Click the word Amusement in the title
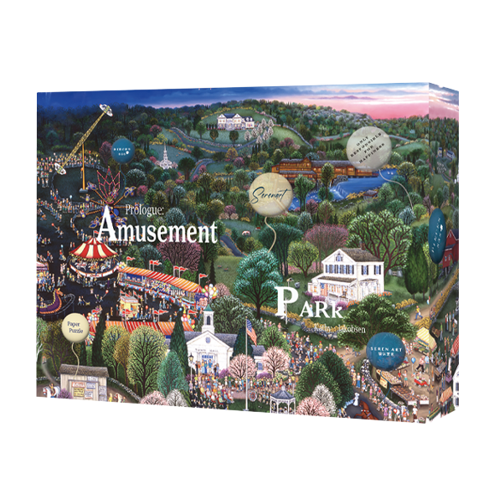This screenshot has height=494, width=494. point(157,228)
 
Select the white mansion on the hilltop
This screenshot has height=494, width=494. point(237,119)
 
